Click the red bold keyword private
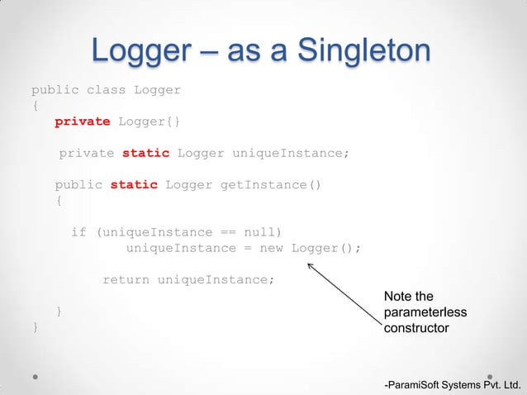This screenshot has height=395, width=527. coord(82,121)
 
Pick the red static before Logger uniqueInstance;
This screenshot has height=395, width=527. coord(145,153)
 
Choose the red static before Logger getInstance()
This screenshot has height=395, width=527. coord(133,184)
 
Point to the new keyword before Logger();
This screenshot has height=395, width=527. coord(272,248)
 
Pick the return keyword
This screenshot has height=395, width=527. coord(126,279)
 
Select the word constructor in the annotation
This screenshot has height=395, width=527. coord(416,328)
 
